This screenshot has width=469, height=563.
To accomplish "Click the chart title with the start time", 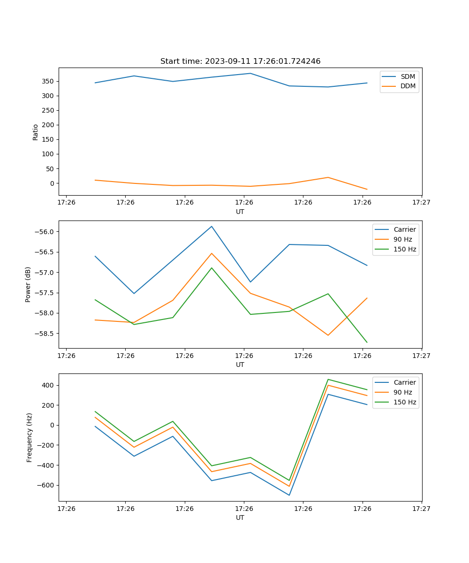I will pos(240,61).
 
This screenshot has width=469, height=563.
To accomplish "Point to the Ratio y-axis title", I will pos(36,132).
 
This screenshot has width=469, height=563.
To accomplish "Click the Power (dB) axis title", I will pos(28,284).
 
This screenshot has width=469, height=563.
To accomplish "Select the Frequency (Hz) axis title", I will pos(30,437).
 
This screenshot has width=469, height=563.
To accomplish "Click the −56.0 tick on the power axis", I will pos(45,232).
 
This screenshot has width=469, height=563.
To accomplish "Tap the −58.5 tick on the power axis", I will pos(45,334).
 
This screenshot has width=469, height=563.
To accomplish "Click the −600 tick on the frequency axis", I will pos(45,485).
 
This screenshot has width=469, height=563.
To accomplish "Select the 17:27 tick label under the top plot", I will pos(421,202).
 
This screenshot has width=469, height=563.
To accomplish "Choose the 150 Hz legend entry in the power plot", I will pos(405,249).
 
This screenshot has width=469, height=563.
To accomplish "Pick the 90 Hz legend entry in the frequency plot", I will pos(403,392).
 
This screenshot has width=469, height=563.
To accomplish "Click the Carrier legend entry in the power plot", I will pos(404,229).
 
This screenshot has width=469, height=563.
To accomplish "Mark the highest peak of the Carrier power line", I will pos(212,226).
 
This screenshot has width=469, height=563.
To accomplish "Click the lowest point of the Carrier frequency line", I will pos(289,495).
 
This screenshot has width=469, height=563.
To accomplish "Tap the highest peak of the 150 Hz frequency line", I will pos(328,379).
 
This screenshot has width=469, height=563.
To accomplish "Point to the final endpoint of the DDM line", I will pos(367,190).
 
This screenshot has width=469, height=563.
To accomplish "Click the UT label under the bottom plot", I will pos(240,517).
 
